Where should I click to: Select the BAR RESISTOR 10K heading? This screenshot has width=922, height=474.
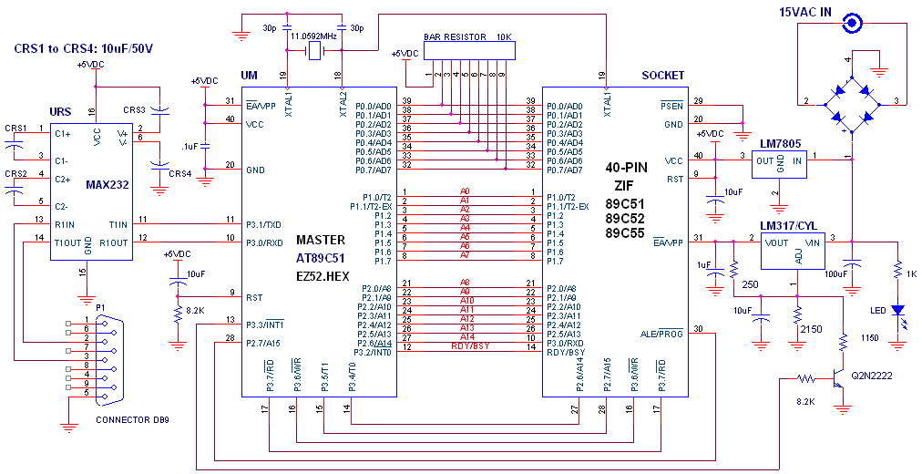tap(467, 38)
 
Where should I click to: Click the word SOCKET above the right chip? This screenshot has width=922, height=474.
tap(661, 75)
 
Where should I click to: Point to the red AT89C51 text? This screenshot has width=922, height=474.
tap(322, 257)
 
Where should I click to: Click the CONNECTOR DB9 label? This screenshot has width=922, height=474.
tap(132, 419)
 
